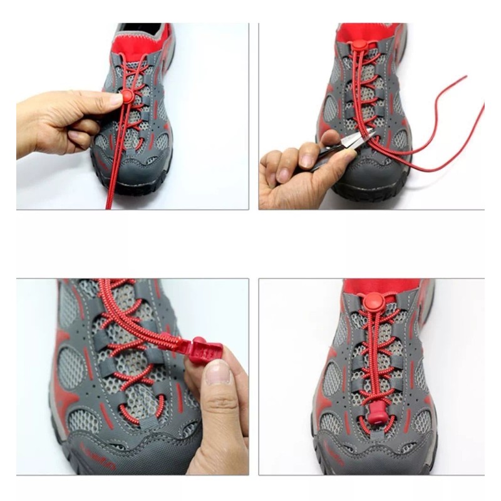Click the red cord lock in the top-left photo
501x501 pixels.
pos(127,95)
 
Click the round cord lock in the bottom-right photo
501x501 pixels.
pos(373,300)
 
